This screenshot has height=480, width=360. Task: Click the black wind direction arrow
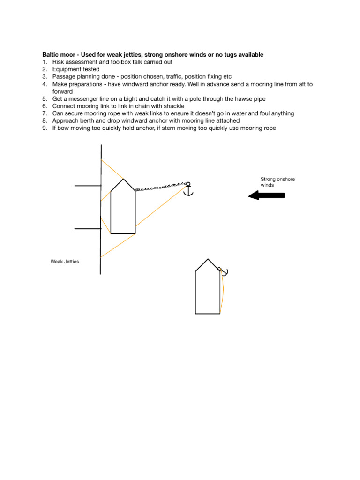coord(266,195)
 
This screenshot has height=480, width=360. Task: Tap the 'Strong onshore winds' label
coord(277,182)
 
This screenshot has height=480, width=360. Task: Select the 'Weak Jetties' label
coord(65,262)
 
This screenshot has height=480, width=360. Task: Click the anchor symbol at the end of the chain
coord(188,189)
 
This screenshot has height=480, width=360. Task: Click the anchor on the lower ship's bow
coord(224,271)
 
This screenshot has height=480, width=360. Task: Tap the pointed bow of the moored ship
coord(123,179)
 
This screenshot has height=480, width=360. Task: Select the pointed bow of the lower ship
coord(208,259)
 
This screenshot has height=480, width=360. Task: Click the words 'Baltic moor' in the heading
coord(59,55)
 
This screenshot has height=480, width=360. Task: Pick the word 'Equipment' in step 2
coord(67,69)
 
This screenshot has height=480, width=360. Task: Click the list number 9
coord(45,128)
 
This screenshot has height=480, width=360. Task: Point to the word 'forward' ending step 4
coord(62,91)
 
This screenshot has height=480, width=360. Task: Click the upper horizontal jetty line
coord(88,186)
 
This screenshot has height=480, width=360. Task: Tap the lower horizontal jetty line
coord(88,229)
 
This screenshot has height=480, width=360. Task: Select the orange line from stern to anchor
coord(161,206)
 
